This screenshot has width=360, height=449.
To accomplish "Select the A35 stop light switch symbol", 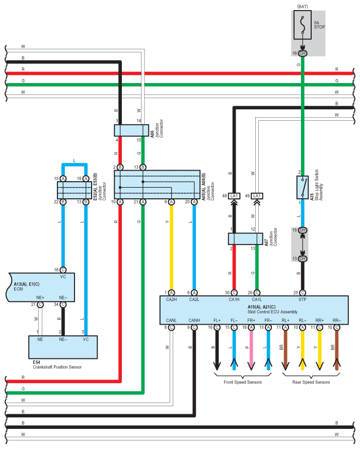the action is (x=303, y=187).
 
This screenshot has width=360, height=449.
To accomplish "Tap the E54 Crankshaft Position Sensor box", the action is (x=63, y=347).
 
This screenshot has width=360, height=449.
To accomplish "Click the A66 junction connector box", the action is (x=131, y=130).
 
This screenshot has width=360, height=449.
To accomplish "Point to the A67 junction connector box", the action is (x=245, y=239).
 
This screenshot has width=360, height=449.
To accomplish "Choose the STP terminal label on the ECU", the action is (x=303, y=299).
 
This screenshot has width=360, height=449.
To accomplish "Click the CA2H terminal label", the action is (x=171, y=299).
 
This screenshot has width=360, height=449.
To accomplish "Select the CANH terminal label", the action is (x=194, y=320).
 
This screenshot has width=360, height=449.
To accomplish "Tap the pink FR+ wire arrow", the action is (x=251, y=350).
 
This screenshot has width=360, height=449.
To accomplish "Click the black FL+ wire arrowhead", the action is (x=217, y=365).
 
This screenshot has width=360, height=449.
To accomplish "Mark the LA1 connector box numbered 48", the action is (x=234, y=196).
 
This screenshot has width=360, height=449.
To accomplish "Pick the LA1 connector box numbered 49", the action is (x=257, y=196).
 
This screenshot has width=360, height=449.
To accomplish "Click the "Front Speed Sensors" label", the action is (x=243, y=382).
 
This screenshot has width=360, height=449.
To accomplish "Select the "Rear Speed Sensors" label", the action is (x=311, y=382).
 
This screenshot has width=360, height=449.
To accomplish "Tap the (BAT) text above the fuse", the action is (x=303, y=7).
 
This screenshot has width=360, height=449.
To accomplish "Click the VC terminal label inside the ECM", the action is (x=63, y=277).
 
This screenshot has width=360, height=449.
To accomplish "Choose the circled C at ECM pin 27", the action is (x=40, y=305).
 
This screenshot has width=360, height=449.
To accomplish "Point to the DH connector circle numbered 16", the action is (x=303, y=53).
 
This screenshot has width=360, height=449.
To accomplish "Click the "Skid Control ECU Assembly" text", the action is (x=272, y=312).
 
